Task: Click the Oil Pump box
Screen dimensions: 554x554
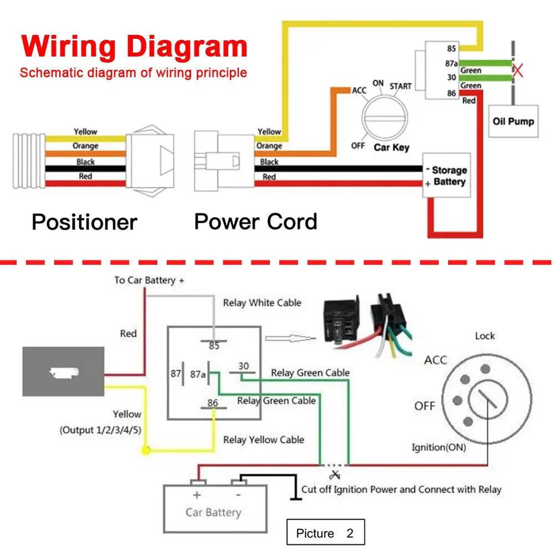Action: (513, 121)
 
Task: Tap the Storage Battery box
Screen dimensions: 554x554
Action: (447, 176)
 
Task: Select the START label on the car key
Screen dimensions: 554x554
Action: (400, 86)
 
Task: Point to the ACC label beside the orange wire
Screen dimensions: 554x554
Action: (359, 90)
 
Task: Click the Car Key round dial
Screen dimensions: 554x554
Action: (386, 117)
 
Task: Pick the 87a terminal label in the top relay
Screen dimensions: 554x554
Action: (451, 64)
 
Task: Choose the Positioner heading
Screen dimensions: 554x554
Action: (84, 222)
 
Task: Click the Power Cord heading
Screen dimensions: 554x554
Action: (255, 222)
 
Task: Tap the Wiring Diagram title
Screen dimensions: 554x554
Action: (135, 47)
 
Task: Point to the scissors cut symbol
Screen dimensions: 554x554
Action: (334, 475)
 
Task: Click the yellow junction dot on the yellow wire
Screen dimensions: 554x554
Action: (146, 450)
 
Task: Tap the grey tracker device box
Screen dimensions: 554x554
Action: (63, 371)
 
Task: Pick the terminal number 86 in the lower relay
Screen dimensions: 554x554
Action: (213, 403)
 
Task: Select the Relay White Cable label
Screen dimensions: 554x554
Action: (262, 302)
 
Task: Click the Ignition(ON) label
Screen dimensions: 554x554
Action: (439, 447)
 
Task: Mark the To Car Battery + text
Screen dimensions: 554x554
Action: (149, 280)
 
